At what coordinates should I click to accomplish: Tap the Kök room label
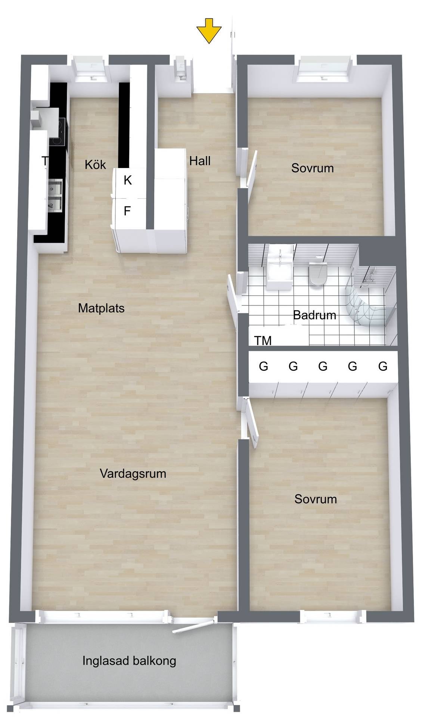(95, 164)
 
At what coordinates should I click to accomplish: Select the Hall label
(200, 161)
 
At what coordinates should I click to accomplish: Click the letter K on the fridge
(128, 180)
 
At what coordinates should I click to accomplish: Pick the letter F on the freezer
(127, 211)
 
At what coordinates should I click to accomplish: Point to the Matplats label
(101, 308)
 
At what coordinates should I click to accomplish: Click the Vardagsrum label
(133, 474)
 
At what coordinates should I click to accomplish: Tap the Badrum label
(314, 315)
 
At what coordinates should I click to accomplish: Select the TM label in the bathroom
(263, 341)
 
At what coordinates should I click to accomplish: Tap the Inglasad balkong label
(129, 661)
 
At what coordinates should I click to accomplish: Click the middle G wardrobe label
(323, 366)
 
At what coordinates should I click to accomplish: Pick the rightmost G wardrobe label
(383, 366)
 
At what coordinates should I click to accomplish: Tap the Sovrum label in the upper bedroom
(313, 168)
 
